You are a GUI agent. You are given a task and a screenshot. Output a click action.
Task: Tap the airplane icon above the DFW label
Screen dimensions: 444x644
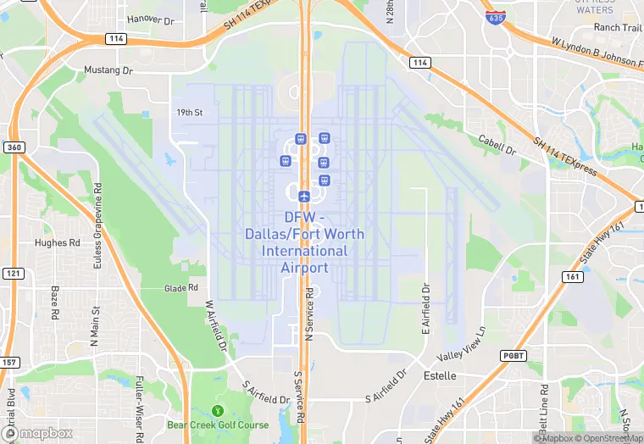(x=304, y=196)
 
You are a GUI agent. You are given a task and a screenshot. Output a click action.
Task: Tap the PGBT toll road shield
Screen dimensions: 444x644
(x=514, y=355)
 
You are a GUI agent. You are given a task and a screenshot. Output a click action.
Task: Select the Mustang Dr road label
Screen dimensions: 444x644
(x=108, y=70)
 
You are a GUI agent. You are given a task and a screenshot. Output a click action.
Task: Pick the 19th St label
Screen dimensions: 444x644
(x=190, y=112)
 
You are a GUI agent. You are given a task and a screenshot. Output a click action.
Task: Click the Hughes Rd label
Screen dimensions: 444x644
(x=57, y=242)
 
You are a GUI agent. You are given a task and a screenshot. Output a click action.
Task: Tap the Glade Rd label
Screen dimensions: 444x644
(x=181, y=288)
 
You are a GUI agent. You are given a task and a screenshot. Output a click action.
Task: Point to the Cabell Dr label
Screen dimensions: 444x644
(x=497, y=145)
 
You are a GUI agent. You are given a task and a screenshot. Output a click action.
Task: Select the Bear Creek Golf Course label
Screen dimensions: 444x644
(x=218, y=425)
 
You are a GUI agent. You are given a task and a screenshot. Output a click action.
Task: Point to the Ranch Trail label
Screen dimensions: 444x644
(x=618, y=27)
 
